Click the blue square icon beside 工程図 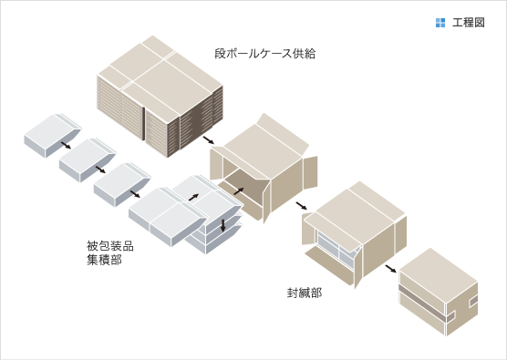pyautogui.click(x=440, y=23)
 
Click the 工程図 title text pyautogui.click(x=468, y=23)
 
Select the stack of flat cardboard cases pyautogui.click(x=159, y=96)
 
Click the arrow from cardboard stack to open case pyautogui.click(x=209, y=139)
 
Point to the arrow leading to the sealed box pyautogui.click(x=389, y=268)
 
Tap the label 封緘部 pyautogui.click(x=304, y=293)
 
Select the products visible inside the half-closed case pyautogui.click(x=333, y=247)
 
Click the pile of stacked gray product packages pyautogui.click(x=214, y=223)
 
